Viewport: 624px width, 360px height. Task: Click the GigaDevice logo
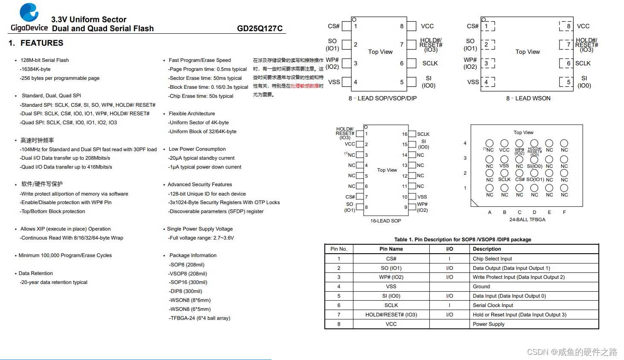tap(29, 17)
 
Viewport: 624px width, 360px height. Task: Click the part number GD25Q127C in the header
tap(260, 29)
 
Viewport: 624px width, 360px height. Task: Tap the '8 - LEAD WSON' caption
tap(528, 98)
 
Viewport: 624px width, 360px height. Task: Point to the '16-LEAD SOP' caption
tap(385, 221)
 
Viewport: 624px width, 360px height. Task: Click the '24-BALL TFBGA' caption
tap(527, 220)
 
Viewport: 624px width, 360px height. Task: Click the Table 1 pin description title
tap(462, 240)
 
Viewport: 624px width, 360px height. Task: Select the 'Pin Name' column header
tap(391, 249)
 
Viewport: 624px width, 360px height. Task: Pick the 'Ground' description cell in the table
tap(481, 287)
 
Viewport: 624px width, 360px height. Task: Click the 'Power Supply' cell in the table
tap(488, 324)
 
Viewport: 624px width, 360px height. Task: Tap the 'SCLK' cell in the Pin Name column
tap(391, 305)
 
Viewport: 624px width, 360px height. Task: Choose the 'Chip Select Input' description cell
tap(492, 259)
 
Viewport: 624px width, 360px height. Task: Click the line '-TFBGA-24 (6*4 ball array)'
tap(199, 318)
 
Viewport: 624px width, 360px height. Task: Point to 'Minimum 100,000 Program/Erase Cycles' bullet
tap(65, 255)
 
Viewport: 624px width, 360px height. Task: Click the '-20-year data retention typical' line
tap(53, 282)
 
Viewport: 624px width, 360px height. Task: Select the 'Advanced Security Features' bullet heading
tap(200, 184)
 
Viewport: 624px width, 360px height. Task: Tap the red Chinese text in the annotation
tap(305, 86)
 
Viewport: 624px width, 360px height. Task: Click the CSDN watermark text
tap(572, 352)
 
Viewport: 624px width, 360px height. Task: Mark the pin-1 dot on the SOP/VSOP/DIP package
tap(354, 20)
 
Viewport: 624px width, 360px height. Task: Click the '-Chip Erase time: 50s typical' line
tap(201, 96)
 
